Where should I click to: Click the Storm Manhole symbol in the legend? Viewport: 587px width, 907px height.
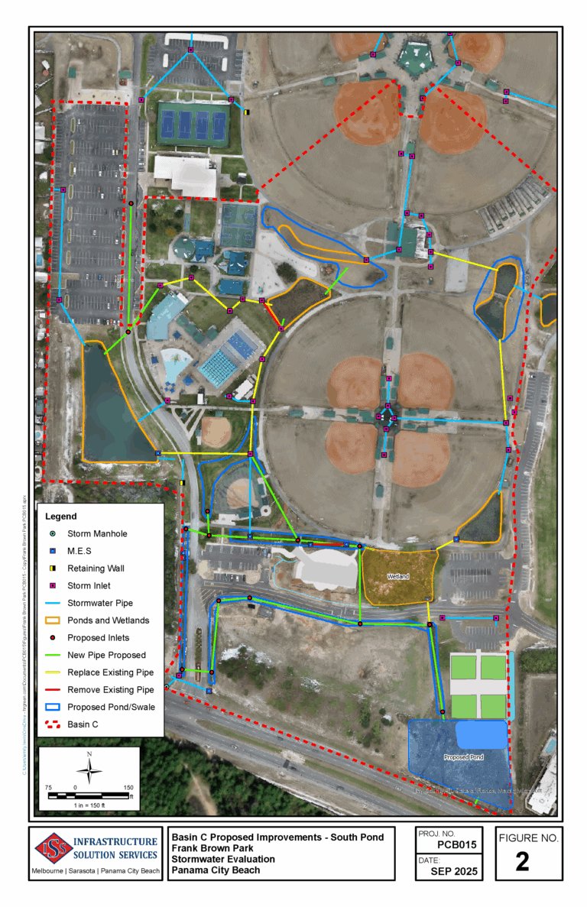click(53, 533)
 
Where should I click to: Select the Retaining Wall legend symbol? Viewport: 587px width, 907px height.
click(53, 568)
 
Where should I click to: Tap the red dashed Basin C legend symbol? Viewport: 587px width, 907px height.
click(53, 724)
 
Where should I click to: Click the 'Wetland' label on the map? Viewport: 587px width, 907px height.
click(397, 576)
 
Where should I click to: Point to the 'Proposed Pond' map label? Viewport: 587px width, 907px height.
click(463, 756)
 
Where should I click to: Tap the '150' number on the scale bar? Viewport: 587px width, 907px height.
click(128, 787)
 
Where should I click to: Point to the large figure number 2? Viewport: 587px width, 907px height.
click(523, 861)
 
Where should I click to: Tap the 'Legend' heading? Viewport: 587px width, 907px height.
click(61, 517)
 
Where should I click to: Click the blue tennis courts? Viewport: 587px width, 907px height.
click(193, 123)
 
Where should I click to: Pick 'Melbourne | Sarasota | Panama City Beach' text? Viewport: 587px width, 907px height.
click(96, 871)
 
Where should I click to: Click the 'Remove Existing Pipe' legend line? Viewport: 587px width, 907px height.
click(53, 690)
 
